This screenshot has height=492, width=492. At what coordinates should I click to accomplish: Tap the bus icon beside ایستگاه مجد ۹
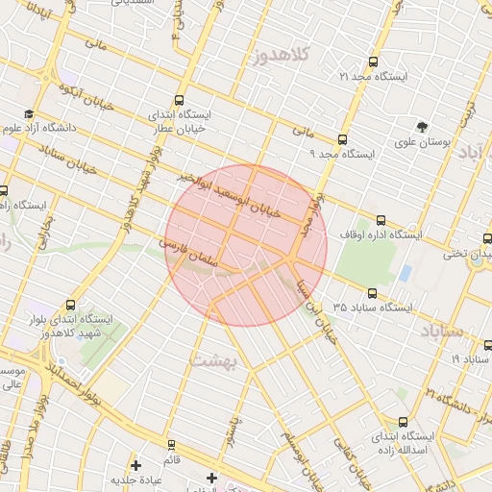point(315,139)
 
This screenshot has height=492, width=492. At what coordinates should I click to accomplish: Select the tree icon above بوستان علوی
point(422,127)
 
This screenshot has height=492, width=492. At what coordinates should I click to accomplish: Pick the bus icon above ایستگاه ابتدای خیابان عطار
point(180,100)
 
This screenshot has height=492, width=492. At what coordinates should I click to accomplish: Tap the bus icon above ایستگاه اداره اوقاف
point(381,220)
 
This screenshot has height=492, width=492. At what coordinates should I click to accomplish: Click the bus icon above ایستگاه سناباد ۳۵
point(372,293)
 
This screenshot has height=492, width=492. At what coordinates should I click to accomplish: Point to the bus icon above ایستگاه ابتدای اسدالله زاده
point(403,421)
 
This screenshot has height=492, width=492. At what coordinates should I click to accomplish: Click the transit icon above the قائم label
point(171,445)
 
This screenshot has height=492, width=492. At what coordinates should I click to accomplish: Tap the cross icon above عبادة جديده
point(136,465)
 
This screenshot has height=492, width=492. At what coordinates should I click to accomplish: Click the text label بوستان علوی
point(423,144)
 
